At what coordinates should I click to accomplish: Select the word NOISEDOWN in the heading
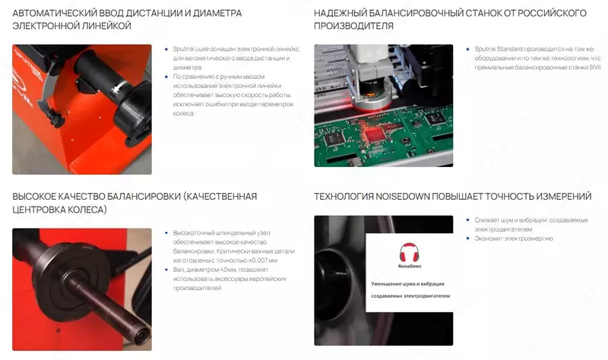[402, 196]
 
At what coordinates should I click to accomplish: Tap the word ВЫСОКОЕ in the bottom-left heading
[40, 196]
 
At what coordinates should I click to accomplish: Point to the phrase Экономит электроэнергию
[514, 238]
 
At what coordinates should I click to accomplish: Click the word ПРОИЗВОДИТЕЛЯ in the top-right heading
[353, 26]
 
